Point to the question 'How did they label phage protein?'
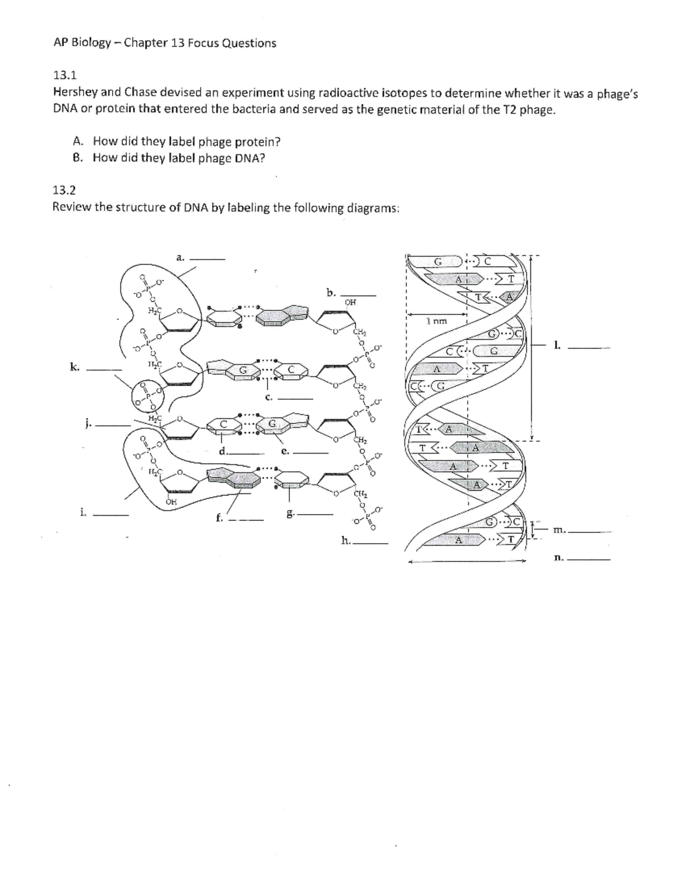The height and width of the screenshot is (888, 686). [186, 141]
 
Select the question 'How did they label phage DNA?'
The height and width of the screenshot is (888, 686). [179, 158]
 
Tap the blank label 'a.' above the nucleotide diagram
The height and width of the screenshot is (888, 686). [180, 258]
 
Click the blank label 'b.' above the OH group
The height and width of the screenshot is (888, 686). [330, 293]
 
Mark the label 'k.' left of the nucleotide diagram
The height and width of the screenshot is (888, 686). [74, 367]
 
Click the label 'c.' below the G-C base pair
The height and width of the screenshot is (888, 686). [268, 396]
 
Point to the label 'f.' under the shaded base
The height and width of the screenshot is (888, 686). [218, 519]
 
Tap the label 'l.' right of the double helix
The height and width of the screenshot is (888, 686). [556, 344]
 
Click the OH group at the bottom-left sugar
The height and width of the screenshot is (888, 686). [170, 501]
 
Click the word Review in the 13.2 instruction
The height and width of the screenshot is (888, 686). [71, 208]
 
